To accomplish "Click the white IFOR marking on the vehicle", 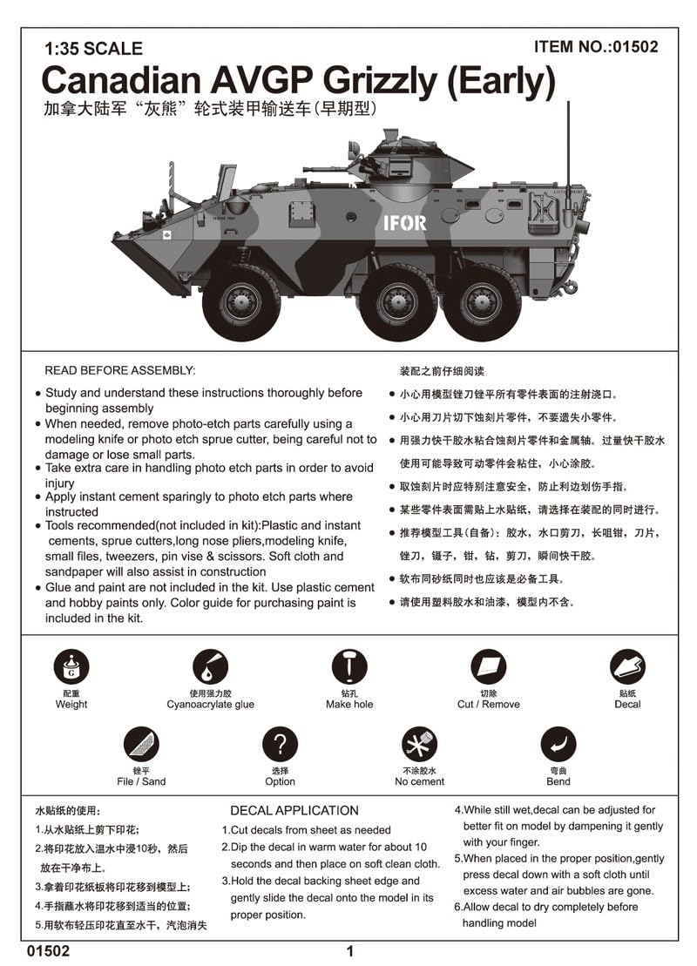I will point(405,223).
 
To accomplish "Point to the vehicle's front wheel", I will point(240,301).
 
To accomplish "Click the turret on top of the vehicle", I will point(409,161).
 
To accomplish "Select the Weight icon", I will point(71,667).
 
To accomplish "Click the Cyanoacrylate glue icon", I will point(210,667).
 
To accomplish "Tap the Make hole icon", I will point(349,667).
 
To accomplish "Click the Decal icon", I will point(627,667).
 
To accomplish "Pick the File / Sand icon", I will point(141,744).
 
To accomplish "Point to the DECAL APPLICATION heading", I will point(294,810).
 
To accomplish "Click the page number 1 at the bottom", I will point(349,951).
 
